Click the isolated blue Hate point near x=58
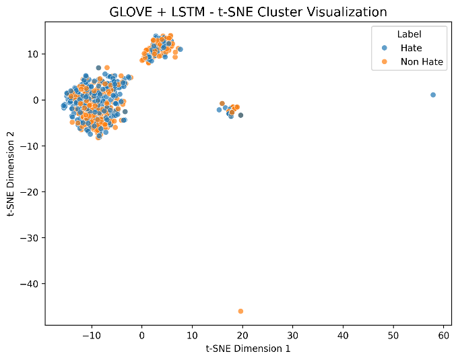click(x=433, y=95)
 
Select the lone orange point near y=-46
click(x=240, y=311)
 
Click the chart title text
click(x=249, y=12)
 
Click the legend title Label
click(x=409, y=34)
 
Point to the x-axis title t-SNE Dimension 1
click(x=249, y=349)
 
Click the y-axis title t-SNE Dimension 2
click(x=11, y=175)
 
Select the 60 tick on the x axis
click(x=443, y=335)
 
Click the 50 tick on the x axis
click(x=393, y=335)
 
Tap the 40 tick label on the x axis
click(x=343, y=335)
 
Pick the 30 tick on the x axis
click(x=293, y=335)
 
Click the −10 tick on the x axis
click(x=92, y=335)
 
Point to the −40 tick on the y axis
click(x=29, y=284)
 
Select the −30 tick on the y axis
click(x=29, y=238)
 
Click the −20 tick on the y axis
click(x=29, y=192)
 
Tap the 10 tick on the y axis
click(x=33, y=54)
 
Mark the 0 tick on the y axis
click(x=36, y=100)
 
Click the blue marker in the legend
click(x=385, y=48)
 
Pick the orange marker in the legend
click(x=385, y=62)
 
